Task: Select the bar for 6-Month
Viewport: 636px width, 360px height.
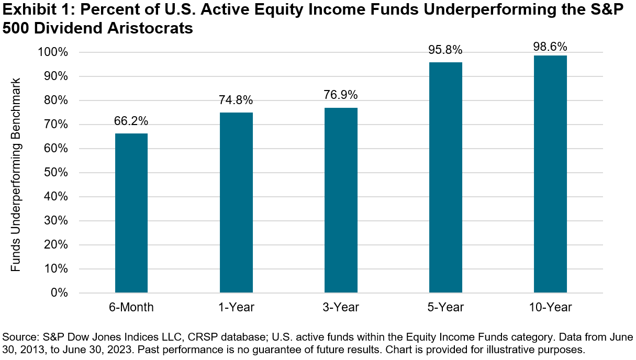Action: (131, 213)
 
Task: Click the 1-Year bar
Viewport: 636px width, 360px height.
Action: (236, 203)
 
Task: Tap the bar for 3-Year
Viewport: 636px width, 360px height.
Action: (341, 200)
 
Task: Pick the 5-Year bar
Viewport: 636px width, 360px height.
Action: (445, 177)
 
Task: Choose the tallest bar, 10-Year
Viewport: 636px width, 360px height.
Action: (550, 174)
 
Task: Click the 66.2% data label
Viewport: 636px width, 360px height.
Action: (131, 121)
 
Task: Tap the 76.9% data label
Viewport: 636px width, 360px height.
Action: (341, 95)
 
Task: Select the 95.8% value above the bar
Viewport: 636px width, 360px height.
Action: (445, 50)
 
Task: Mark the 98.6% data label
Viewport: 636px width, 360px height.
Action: (550, 47)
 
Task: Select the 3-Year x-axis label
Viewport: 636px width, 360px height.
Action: (341, 308)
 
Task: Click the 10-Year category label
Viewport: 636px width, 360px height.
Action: (550, 308)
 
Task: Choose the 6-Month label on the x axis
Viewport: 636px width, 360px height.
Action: (131, 308)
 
